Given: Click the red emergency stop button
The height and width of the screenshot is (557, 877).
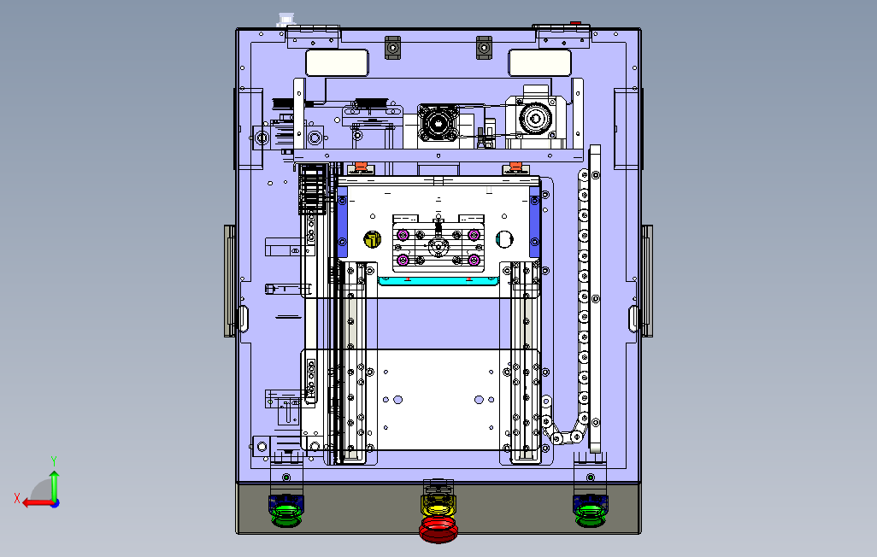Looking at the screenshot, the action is click(438, 530).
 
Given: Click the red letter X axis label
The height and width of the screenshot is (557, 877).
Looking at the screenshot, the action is click(17, 498).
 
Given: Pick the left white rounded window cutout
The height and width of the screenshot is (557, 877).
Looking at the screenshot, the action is click(338, 62).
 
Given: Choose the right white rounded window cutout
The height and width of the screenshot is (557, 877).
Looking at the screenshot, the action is click(539, 62).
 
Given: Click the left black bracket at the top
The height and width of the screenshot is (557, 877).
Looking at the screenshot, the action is click(392, 48).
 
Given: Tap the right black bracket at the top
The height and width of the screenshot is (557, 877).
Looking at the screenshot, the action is click(484, 48).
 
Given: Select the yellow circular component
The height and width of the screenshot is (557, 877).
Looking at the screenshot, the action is click(372, 239).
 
